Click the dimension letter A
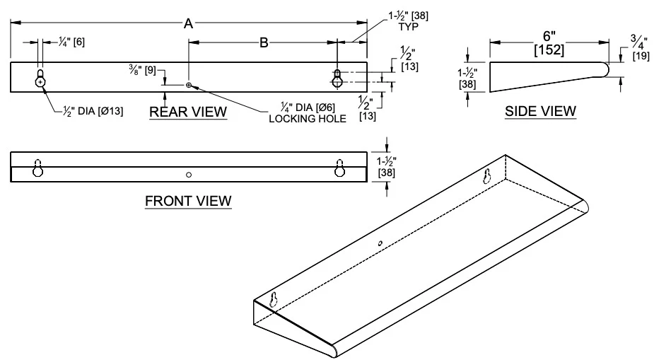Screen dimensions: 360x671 (x=188, y=24)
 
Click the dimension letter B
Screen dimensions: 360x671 (x=263, y=43)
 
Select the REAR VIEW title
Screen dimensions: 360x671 (x=188, y=111)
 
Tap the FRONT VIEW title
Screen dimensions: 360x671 (x=188, y=201)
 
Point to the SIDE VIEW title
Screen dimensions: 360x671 (x=539, y=111)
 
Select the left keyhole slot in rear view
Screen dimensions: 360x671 (x=41, y=79)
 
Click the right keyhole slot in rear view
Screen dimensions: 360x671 (x=338, y=79)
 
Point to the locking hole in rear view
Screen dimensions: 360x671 (x=189, y=86)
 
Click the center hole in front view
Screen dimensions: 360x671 (x=189, y=174)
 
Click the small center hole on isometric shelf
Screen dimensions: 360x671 (x=380, y=243)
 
